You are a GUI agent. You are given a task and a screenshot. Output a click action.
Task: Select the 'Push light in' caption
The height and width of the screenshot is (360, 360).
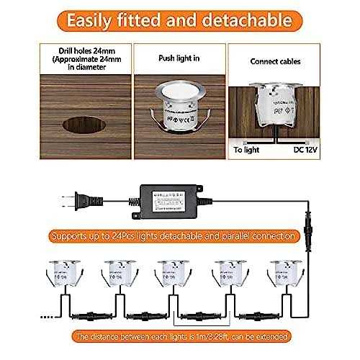179,55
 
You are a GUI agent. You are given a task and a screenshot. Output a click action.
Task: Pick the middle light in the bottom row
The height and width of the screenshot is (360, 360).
172,275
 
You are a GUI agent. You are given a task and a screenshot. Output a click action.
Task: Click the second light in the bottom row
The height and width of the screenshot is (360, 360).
115,275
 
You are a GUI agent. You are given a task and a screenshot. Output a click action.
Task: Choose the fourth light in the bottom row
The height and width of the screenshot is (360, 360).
228,275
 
